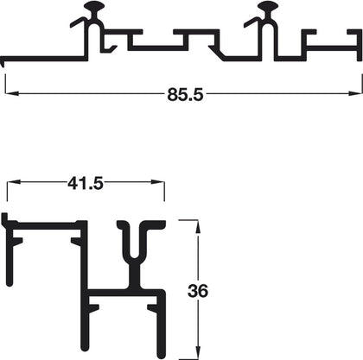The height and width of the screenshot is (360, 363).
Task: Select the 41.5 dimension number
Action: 85,182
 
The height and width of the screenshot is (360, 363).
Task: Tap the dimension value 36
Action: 198,290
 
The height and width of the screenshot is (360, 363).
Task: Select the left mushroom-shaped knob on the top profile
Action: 97,11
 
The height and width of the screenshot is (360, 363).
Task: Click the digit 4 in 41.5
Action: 72,182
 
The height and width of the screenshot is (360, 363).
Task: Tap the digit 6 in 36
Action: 203,290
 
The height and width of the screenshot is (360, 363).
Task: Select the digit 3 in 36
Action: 193,290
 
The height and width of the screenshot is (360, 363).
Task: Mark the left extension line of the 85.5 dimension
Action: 6,82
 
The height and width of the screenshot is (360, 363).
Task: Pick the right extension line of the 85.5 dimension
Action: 360,82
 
